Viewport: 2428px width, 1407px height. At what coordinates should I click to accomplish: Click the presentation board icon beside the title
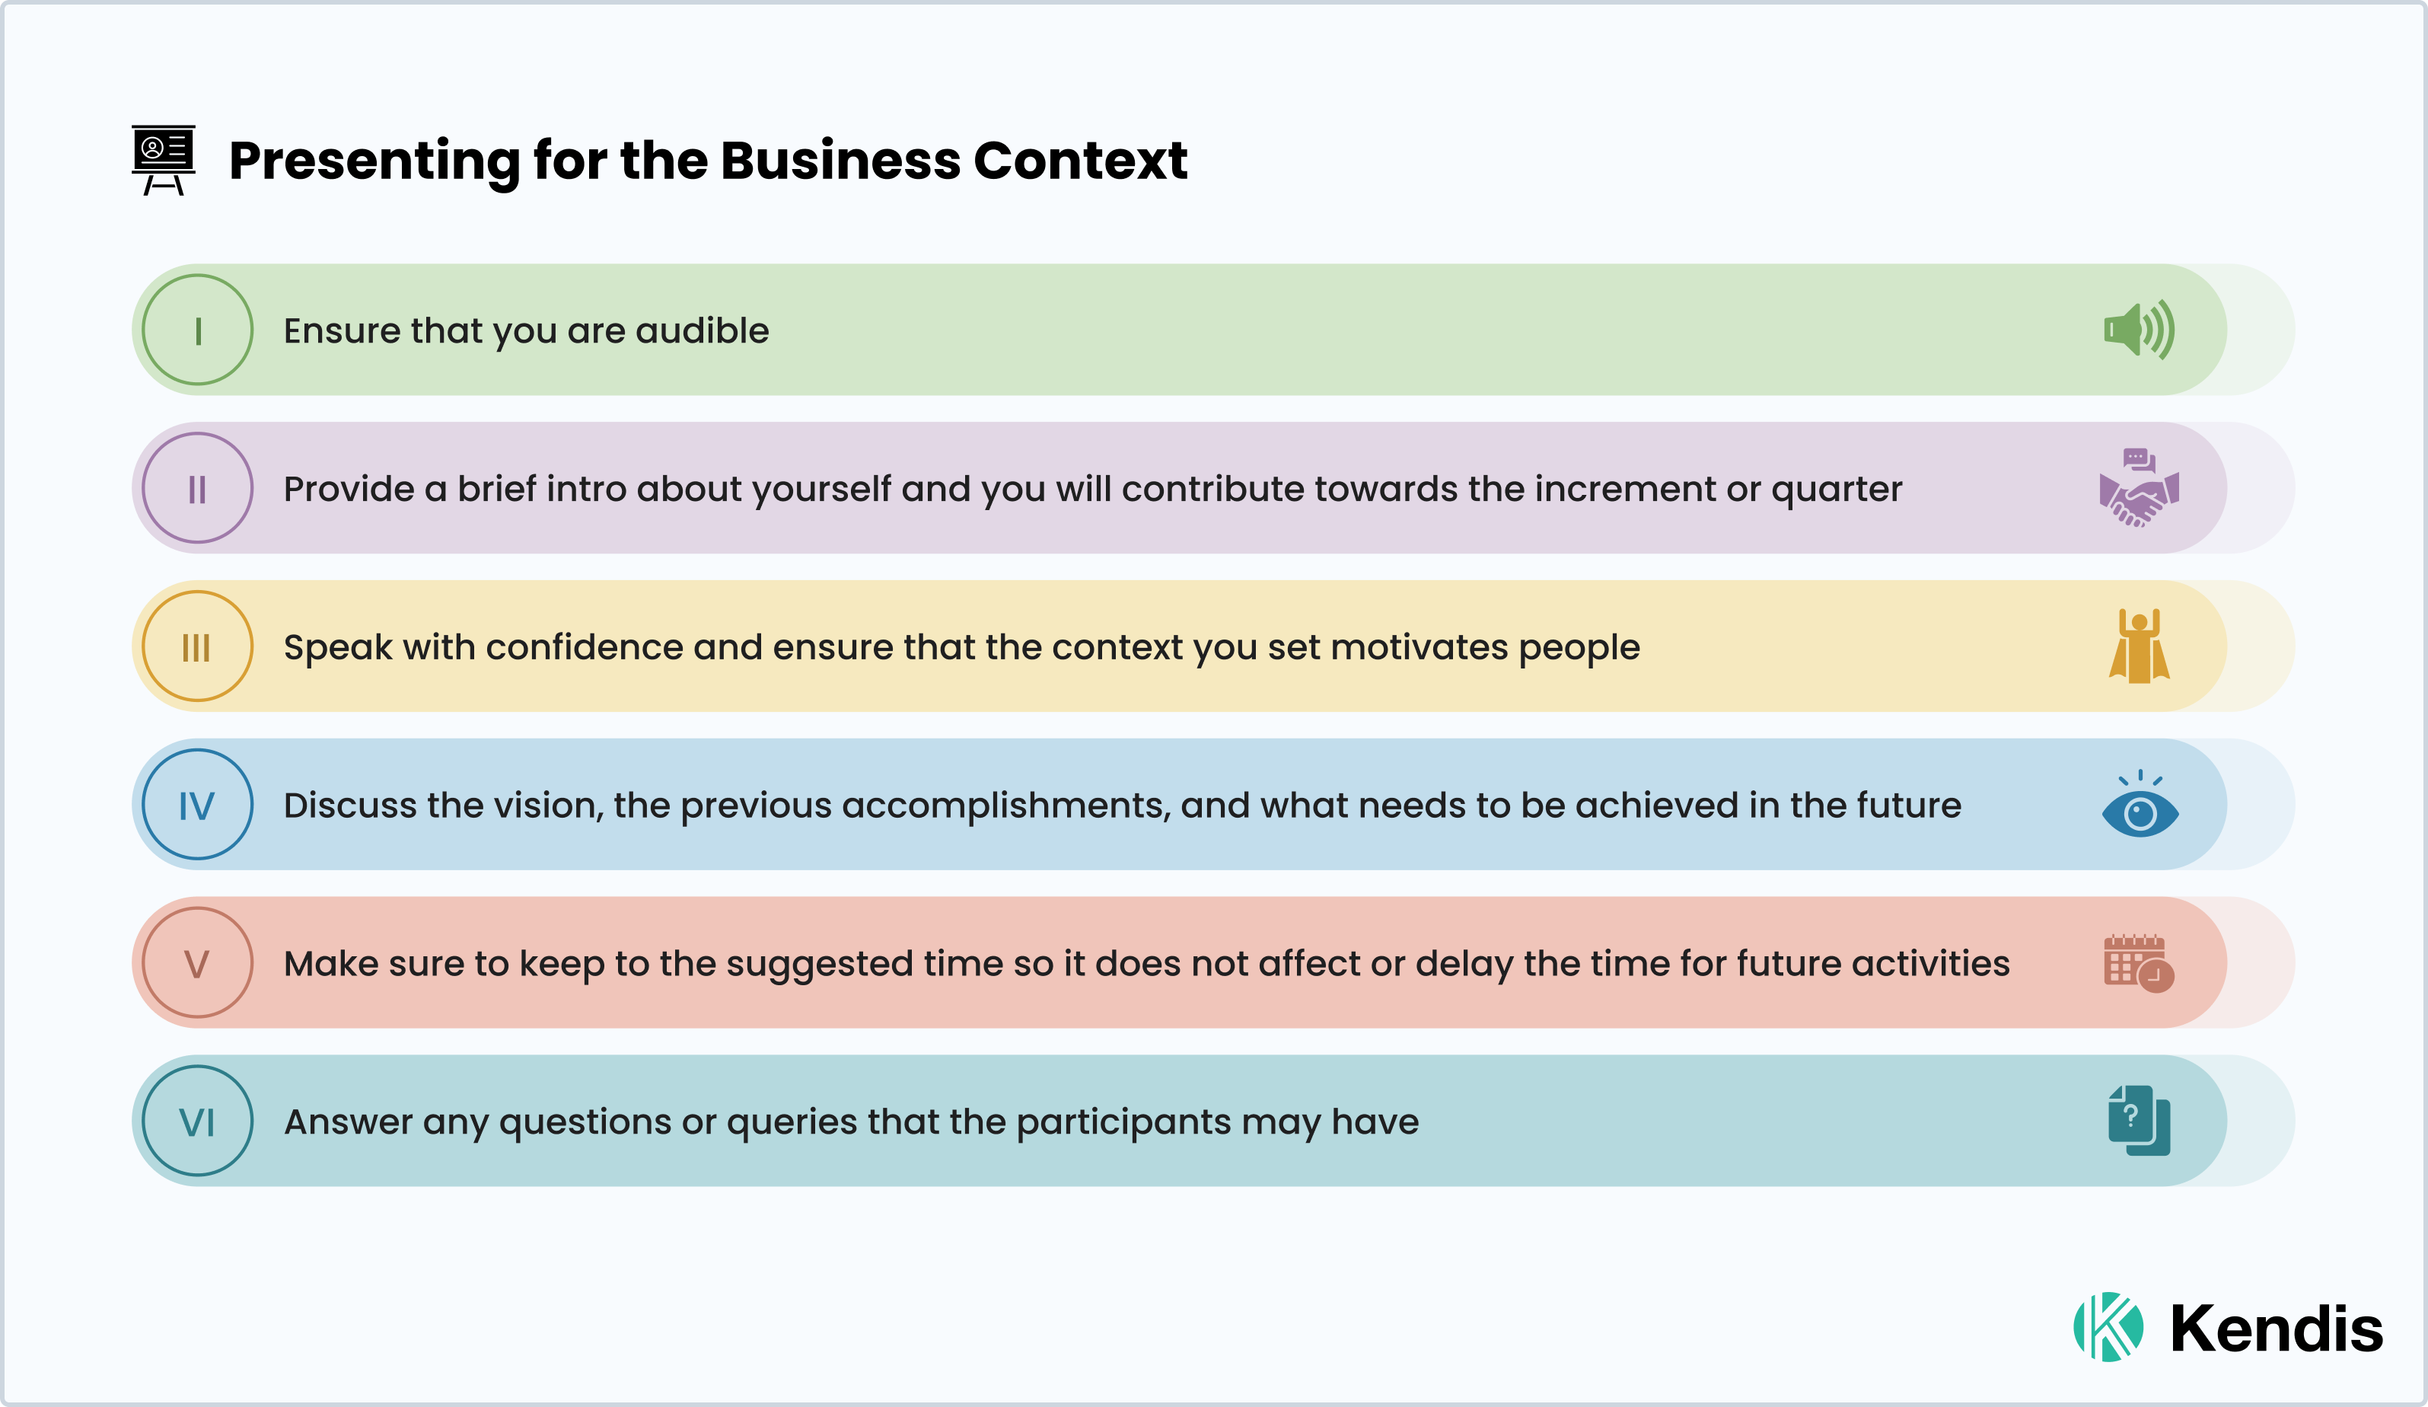point(163,159)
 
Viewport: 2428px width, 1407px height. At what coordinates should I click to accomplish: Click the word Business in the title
point(840,160)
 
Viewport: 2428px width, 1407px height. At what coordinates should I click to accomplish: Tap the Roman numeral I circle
point(198,330)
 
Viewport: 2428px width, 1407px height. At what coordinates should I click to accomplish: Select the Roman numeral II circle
point(198,487)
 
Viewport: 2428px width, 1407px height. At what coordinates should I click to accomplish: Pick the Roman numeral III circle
point(198,646)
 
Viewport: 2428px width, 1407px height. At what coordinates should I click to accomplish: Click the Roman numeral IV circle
point(198,805)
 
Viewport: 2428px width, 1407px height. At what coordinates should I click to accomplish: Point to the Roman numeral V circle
point(198,962)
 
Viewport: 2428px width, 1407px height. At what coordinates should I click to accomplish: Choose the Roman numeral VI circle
point(198,1121)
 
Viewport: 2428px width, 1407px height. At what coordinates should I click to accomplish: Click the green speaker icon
point(2139,330)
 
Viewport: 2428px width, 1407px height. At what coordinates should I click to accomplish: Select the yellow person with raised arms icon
point(2139,646)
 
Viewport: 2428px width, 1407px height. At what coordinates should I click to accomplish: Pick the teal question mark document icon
point(2139,1121)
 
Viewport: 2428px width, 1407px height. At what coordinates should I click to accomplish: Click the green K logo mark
point(2108,1327)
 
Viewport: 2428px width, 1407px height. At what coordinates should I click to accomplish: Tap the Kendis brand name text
point(2276,1329)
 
